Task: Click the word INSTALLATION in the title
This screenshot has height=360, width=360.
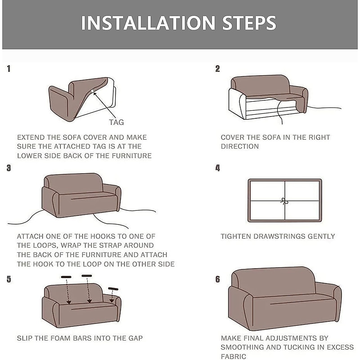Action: pyautogui.click(x=148, y=23)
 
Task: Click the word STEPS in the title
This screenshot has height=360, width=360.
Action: pyautogui.click(x=249, y=23)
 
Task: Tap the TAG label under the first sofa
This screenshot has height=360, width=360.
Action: pyautogui.click(x=117, y=122)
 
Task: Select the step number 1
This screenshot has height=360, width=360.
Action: pyautogui.click(x=9, y=69)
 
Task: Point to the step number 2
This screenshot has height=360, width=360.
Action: pyautogui.click(x=217, y=69)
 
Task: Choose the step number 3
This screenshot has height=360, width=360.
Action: pyautogui.click(x=9, y=168)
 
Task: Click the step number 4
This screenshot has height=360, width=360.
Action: pyautogui.click(x=217, y=168)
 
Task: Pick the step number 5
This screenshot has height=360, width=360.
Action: pyautogui.click(x=9, y=279)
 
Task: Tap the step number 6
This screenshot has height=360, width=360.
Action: pyautogui.click(x=217, y=279)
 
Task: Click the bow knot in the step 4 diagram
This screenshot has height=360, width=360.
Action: pyautogui.click(x=284, y=201)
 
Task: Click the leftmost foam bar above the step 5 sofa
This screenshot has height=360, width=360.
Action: pyautogui.click(x=66, y=277)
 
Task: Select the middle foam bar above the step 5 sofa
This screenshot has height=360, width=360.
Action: pyautogui.click(x=87, y=275)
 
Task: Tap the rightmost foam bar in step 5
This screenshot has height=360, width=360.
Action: pyautogui.click(x=113, y=289)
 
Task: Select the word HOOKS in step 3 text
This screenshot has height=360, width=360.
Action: pyautogui.click(x=103, y=236)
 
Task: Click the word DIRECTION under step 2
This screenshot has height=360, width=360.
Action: pyautogui.click(x=240, y=147)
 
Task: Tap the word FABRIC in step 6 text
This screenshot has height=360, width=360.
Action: pyautogui.click(x=234, y=356)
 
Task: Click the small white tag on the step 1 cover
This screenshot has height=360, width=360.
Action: pyautogui.click(x=92, y=91)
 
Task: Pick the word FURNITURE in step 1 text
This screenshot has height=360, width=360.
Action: pyautogui.click(x=132, y=156)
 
